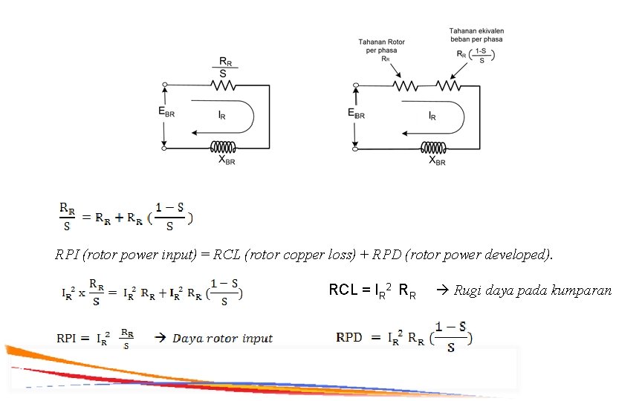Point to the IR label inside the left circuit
point(221,117)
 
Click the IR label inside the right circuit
point(432,117)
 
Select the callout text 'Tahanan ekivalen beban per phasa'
point(474,35)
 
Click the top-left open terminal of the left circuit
point(164,85)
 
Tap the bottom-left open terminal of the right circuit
point(355,149)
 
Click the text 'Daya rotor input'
point(222,339)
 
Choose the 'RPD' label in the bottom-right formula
point(349,338)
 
